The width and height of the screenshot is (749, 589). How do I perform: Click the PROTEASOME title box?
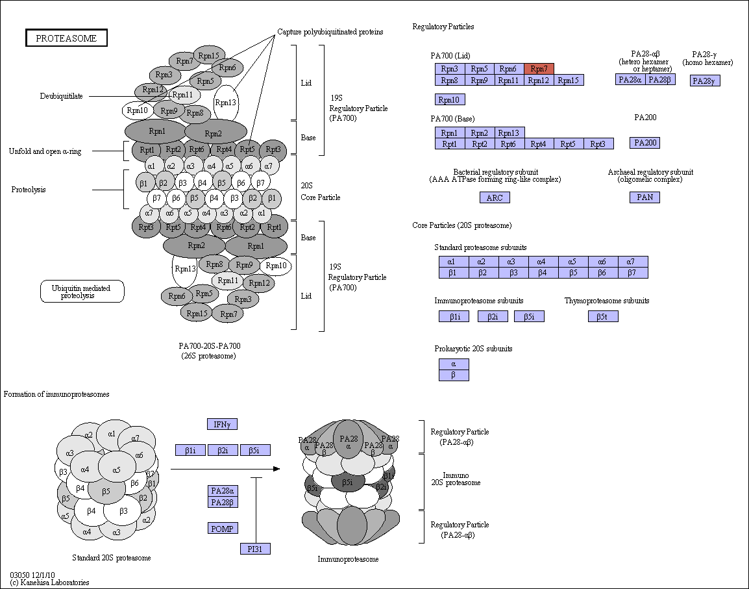coord(66,38)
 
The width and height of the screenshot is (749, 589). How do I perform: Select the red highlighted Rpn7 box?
coord(539,69)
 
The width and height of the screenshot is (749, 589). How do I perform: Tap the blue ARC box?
coord(495,197)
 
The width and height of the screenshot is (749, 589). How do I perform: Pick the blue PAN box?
coord(645,197)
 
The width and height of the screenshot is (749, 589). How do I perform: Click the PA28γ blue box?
coord(705,81)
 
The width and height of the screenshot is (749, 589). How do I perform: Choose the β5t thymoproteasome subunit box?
coord(604,316)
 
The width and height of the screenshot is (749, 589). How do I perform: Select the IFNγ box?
coord(222,424)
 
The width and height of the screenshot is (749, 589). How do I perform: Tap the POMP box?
coord(223,529)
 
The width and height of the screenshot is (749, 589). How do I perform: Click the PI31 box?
coord(255,549)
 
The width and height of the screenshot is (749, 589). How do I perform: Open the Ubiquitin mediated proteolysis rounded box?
coord(82,292)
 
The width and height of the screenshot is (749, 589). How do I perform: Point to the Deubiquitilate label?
coord(61,96)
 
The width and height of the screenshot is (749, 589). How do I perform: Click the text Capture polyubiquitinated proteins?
coord(330,32)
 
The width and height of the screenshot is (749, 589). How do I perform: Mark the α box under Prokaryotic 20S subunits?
coord(454,364)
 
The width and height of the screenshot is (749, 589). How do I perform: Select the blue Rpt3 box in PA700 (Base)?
coord(598,144)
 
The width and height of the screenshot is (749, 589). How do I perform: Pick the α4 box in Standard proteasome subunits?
coord(541,262)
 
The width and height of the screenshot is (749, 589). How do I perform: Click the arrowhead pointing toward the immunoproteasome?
coord(276,469)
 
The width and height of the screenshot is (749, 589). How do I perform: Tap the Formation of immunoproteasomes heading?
coord(56,394)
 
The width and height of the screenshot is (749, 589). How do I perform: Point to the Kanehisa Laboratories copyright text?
coord(49,583)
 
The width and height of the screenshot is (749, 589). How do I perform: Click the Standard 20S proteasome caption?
coord(111,558)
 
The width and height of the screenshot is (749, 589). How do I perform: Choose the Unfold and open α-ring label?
coord(45,151)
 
